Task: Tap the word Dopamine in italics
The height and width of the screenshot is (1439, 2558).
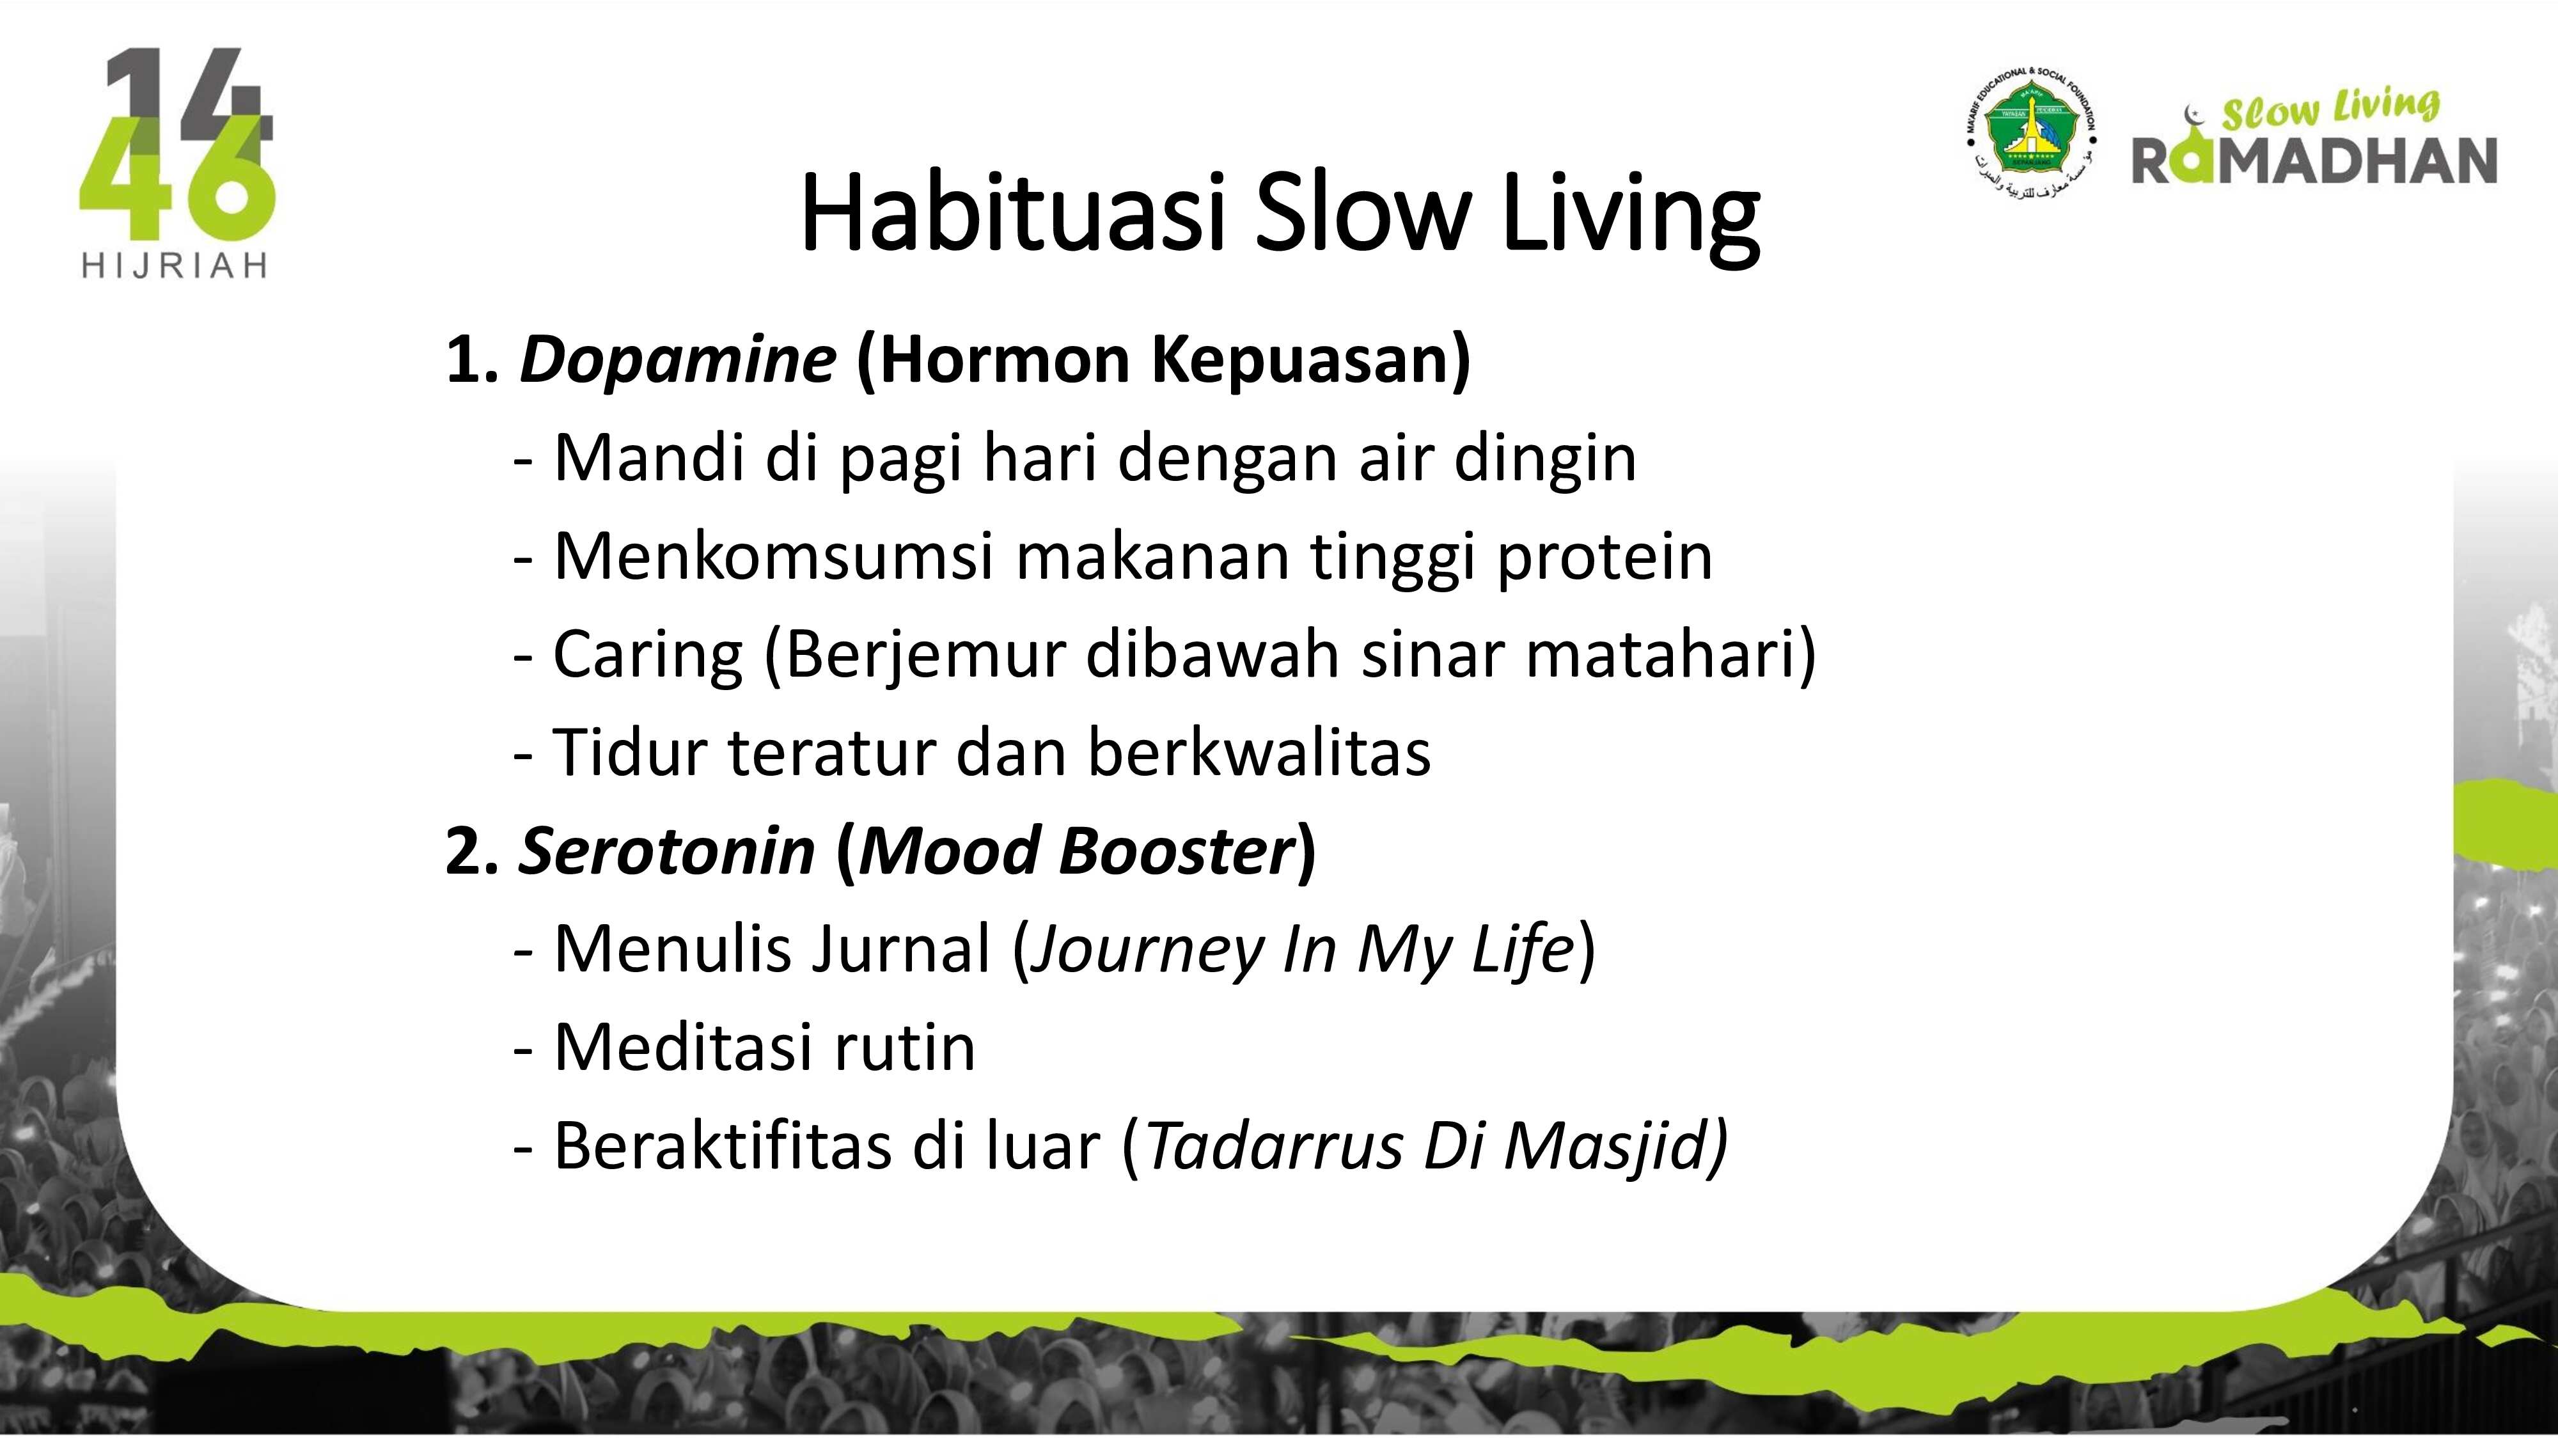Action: pyautogui.click(x=677, y=359)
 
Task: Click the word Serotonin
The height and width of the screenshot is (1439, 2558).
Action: pyautogui.click(x=666, y=851)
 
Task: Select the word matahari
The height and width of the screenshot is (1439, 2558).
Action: pyautogui.click(x=1661, y=654)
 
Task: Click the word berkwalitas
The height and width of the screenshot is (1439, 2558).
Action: pyautogui.click(x=1259, y=751)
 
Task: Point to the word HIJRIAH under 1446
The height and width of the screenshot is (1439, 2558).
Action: pyautogui.click(x=175, y=266)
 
